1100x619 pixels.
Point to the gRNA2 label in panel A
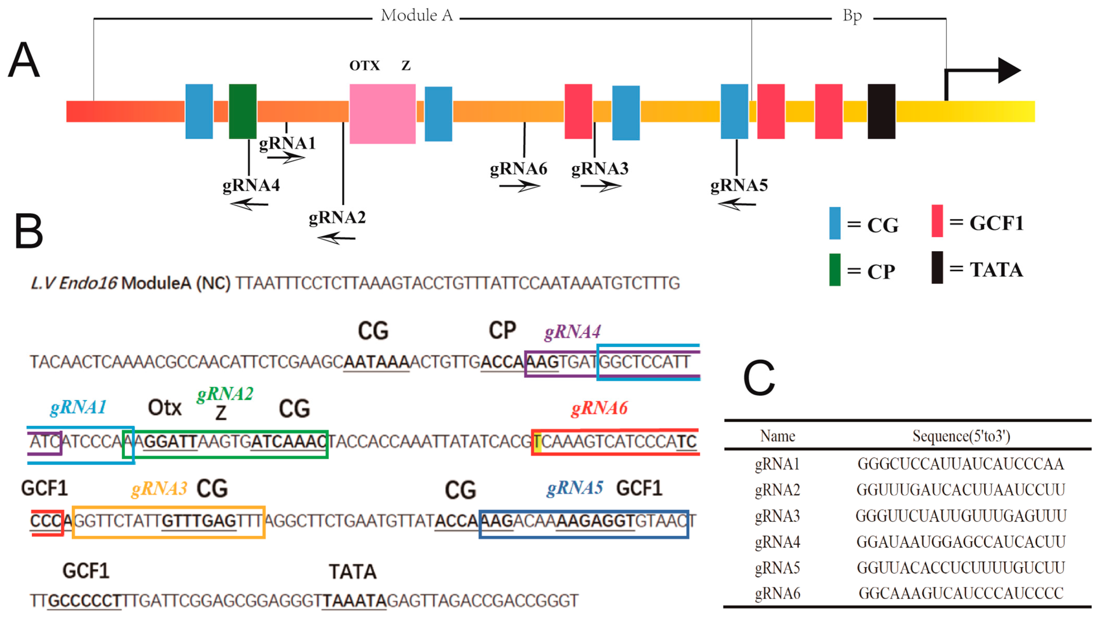tap(337, 217)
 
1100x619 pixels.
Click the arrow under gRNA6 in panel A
tap(519, 186)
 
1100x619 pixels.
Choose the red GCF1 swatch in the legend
tap(937, 221)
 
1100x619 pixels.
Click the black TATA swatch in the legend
tap(937, 267)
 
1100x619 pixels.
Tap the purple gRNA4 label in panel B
tap(572, 332)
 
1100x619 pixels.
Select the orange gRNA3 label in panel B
tap(159, 488)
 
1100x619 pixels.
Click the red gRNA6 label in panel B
tap(599, 408)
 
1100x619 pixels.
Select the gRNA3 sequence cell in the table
tap(961, 516)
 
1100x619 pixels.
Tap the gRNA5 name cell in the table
tap(777, 568)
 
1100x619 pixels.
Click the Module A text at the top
tap(416, 16)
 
